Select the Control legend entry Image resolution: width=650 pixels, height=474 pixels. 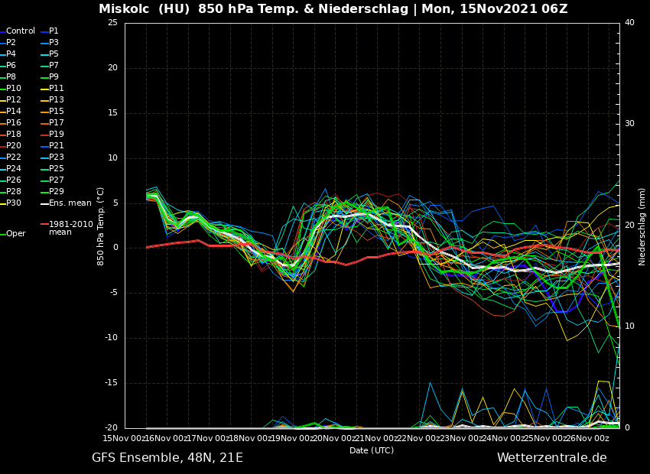tap(21, 31)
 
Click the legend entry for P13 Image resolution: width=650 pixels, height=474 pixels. tap(57, 100)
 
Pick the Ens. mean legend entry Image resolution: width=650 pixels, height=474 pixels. tap(70, 203)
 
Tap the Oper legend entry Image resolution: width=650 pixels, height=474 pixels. tap(15, 234)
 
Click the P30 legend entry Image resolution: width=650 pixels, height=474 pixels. tap(14, 203)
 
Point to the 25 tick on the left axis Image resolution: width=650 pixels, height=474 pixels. tap(112, 23)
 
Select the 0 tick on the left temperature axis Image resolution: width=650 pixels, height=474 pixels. tap(115, 248)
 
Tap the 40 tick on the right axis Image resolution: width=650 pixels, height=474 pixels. tap(629, 23)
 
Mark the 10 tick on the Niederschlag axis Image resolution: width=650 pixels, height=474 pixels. tap(629, 326)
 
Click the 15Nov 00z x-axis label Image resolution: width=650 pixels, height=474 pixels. tap(125, 439)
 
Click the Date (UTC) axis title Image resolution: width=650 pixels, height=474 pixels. tap(372, 451)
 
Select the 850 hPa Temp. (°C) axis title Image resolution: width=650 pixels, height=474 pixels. tap(101, 226)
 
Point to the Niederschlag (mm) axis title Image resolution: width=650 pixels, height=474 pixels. tap(642, 226)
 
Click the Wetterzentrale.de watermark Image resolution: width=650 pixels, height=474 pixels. tap(551, 458)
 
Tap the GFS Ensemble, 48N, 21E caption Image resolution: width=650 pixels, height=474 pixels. tap(167, 458)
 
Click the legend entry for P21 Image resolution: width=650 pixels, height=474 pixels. tap(57, 146)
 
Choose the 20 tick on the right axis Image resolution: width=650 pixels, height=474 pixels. tap(629, 226)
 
